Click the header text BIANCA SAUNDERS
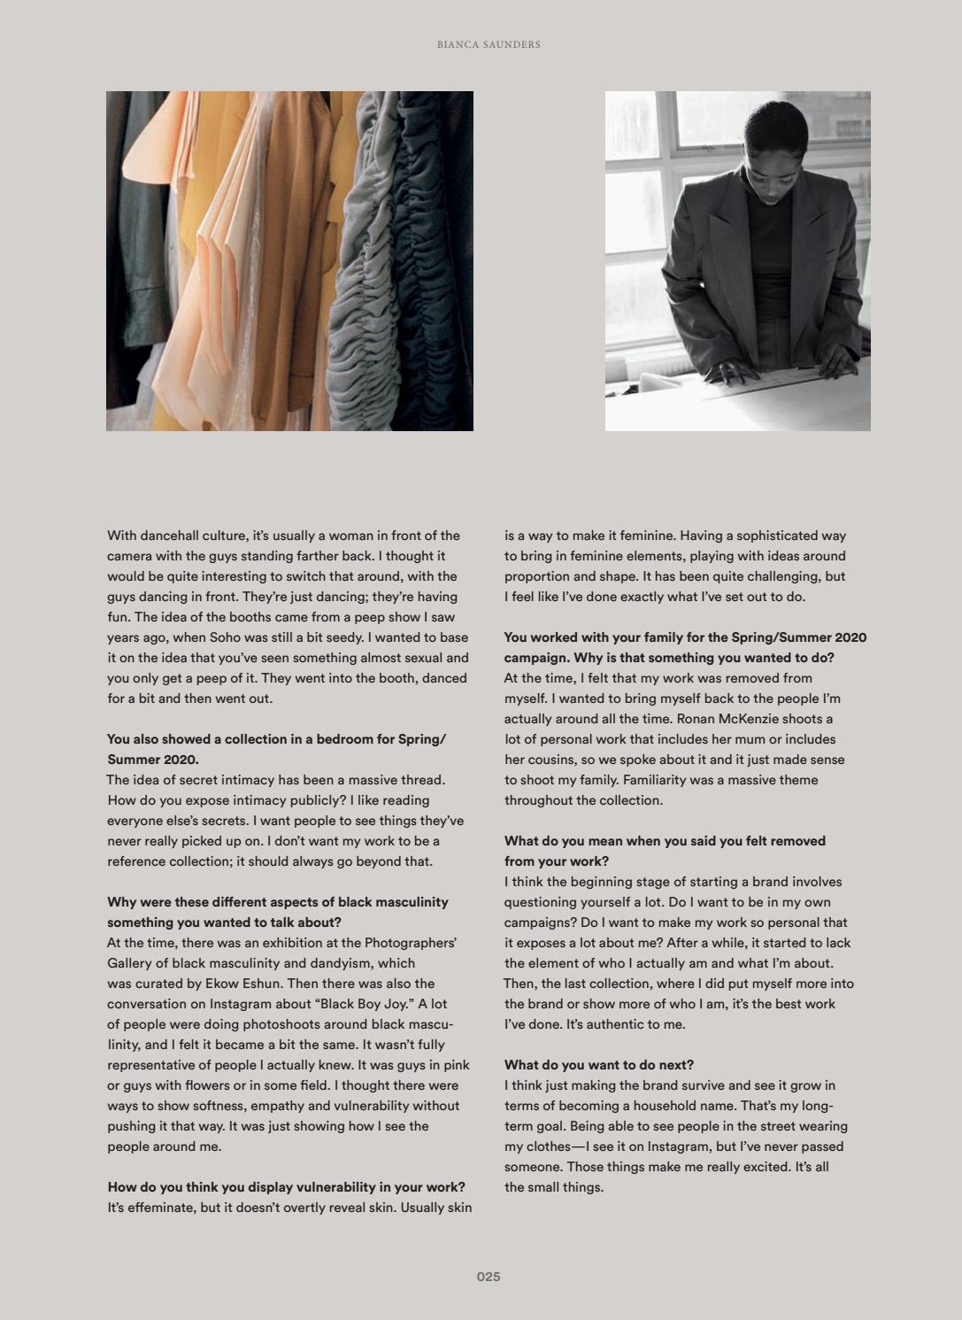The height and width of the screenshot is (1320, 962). pyautogui.click(x=489, y=44)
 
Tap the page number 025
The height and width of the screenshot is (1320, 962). pyautogui.click(x=489, y=1277)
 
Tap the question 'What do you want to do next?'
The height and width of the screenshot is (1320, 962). pyautogui.click(x=598, y=1065)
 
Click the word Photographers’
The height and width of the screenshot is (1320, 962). pyautogui.click(x=410, y=943)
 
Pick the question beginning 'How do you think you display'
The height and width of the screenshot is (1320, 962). pyautogui.click(x=286, y=1187)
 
